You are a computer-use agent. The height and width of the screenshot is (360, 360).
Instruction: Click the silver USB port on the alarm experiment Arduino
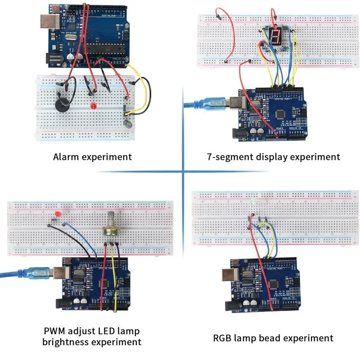pyautogui.click(x=46, y=23)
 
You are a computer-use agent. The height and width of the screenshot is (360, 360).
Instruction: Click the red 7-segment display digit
pyautogui.click(x=274, y=35)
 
